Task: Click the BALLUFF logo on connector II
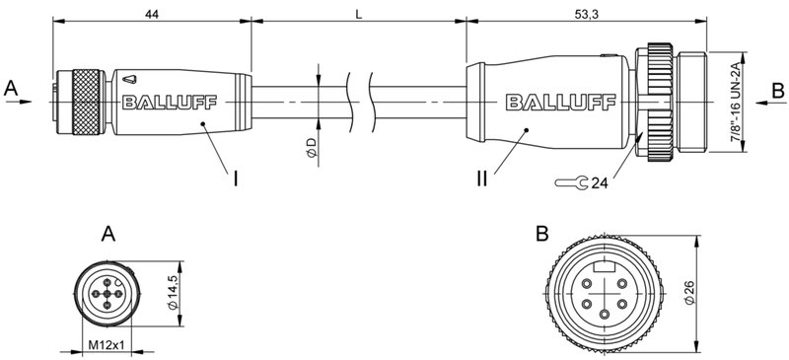coord(553,101)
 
